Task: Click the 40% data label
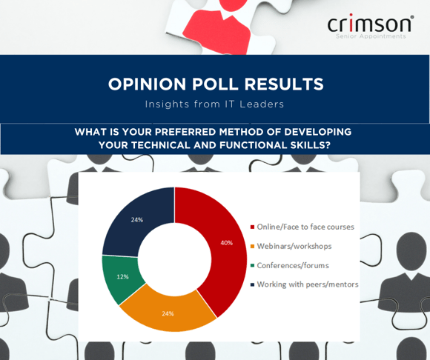[x=227, y=243]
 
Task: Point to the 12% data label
[x=122, y=277]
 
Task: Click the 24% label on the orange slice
[x=168, y=313]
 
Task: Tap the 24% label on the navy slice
[x=137, y=220]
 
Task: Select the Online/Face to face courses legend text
[x=305, y=227]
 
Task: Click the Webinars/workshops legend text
[x=294, y=246]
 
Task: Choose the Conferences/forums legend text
[x=293, y=265]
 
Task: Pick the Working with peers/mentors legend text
[x=308, y=284]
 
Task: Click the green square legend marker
[x=252, y=265]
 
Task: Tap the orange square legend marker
[x=252, y=247]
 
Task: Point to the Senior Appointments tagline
[x=371, y=36]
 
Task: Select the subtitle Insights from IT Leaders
[x=214, y=104]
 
